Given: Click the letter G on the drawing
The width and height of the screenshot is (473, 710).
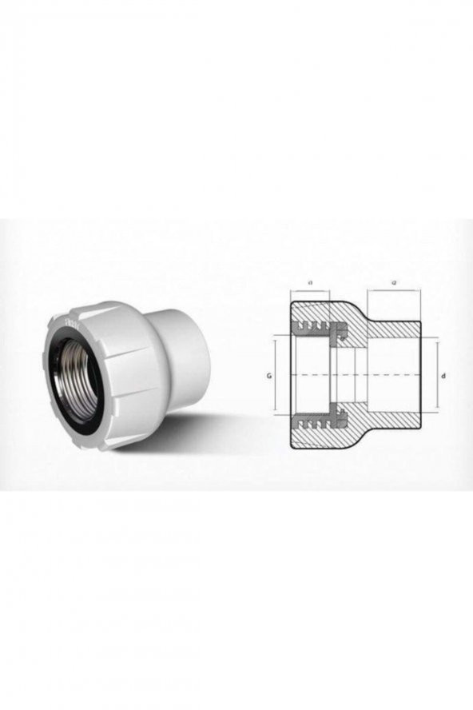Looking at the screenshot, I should pyautogui.click(x=270, y=374).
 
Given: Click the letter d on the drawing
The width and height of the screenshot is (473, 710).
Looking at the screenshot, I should pyautogui.click(x=443, y=374).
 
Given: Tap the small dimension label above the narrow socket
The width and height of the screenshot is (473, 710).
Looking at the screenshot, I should pyautogui.click(x=395, y=281).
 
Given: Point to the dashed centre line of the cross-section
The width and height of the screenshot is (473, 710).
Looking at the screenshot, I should pyautogui.click(x=360, y=374).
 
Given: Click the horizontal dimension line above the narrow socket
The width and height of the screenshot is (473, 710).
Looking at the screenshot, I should pyautogui.click(x=395, y=289).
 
